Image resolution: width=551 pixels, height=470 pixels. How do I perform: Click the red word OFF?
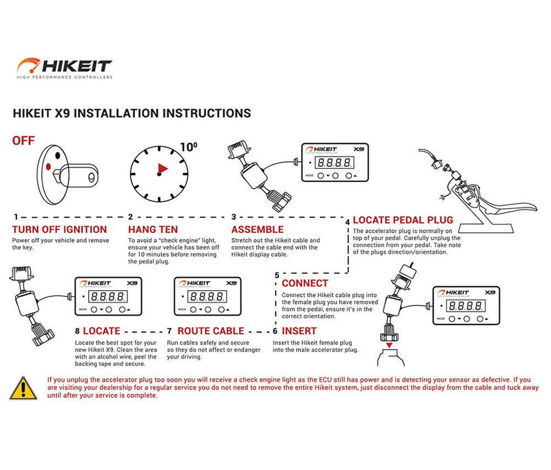point(24,141)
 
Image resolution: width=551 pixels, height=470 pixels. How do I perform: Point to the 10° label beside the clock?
point(188,146)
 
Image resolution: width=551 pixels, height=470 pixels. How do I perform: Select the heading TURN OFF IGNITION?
point(59,229)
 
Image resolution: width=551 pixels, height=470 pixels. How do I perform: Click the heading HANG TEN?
point(152,229)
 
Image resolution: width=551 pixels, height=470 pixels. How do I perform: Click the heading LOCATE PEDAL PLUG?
point(404,221)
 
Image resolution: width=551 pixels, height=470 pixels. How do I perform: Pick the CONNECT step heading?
point(304,283)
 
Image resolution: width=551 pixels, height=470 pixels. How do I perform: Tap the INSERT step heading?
point(299,331)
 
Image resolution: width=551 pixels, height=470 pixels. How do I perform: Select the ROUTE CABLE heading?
point(211,331)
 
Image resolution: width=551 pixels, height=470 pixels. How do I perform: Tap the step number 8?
point(76,331)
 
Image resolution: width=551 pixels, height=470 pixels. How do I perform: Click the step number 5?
point(277,275)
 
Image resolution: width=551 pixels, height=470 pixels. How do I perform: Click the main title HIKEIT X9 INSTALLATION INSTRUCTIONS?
point(132,112)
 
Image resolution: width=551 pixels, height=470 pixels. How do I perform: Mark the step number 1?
point(15,216)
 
